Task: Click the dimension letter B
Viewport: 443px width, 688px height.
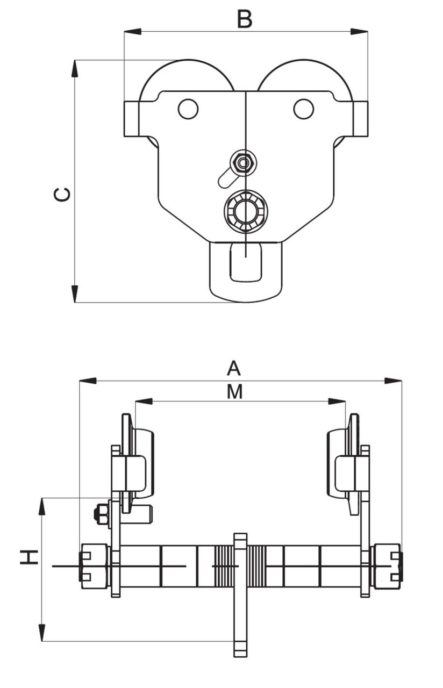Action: coord(245,19)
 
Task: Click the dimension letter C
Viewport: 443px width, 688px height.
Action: coord(62,194)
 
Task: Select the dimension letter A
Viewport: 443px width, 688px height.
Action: coord(233,369)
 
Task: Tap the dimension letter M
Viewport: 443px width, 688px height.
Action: coord(234,392)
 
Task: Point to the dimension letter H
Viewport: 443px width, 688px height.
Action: coord(29,557)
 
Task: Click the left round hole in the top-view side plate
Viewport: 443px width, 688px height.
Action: coord(188,109)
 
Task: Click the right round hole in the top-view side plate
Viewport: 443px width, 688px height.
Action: coord(304,109)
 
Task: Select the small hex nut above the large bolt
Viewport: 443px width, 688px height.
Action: coord(243,162)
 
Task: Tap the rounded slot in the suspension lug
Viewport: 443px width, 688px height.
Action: coord(246,262)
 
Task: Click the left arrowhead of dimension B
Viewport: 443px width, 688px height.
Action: coord(132,32)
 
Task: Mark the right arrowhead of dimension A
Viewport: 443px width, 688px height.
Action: coord(394,381)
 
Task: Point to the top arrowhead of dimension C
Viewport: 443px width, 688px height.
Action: coord(75,68)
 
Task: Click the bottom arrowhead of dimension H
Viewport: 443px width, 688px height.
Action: coord(42,633)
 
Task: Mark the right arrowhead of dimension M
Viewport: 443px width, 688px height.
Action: coord(338,402)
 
